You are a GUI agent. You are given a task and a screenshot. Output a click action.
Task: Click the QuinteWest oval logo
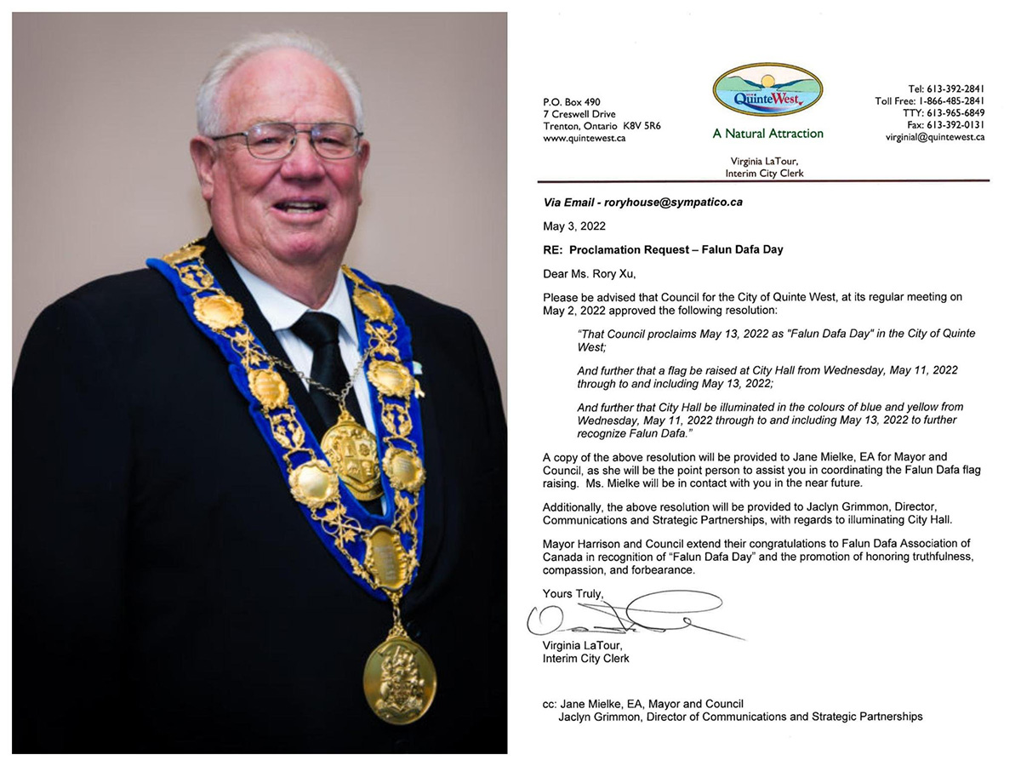[767, 90]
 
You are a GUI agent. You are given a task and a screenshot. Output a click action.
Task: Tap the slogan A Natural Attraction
[767, 134]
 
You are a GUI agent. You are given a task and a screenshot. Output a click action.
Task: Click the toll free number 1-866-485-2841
[950, 101]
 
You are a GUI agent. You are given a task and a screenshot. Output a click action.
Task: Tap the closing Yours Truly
[573, 592]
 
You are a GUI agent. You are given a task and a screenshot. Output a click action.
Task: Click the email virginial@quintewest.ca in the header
[934, 137]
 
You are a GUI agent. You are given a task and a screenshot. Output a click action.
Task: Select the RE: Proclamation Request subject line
[663, 249]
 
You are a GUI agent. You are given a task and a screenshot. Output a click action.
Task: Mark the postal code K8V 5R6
[642, 126]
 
